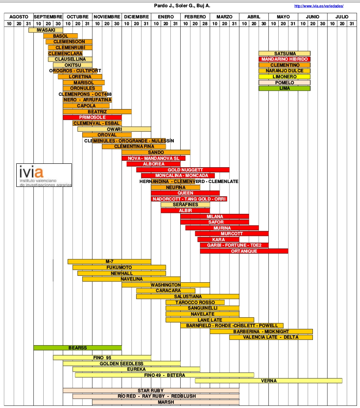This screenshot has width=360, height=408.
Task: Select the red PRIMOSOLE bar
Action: pyautogui.click(x=92, y=117)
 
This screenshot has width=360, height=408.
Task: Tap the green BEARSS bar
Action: pyautogui.click(x=77, y=348)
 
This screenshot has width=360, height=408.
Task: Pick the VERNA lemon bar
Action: pyautogui.click(x=268, y=381)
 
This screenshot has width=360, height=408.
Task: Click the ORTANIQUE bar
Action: pyautogui.click(x=244, y=251)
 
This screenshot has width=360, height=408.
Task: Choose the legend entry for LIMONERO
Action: pyautogui.click(x=284, y=77)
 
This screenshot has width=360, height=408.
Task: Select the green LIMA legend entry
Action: pyautogui.click(x=284, y=88)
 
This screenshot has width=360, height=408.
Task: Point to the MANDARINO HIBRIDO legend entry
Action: pyautogui.click(x=284, y=59)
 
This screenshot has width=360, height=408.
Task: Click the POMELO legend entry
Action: pyautogui.click(x=284, y=83)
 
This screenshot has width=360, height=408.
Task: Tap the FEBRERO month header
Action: pyautogui.click(x=195, y=17)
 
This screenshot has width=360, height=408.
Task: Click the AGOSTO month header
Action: pyautogui.click(x=18, y=17)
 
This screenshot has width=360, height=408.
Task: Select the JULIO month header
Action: pyautogui.click(x=342, y=17)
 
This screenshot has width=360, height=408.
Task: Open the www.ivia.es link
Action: pyautogui.click(x=319, y=6)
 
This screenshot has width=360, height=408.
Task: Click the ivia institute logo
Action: pyautogui.click(x=45, y=175)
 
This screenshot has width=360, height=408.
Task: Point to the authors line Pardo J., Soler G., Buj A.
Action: pyautogui.click(x=182, y=6)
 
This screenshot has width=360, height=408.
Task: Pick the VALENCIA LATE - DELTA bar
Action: pyautogui.click(x=271, y=337)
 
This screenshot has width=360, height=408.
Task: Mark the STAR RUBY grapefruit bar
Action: pyautogui.click(x=151, y=390)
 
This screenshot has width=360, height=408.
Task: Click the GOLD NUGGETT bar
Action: pyautogui.click(x=183, y=170)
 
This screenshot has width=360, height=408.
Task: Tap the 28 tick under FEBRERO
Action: pyautogui.click(x=205, y=24)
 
